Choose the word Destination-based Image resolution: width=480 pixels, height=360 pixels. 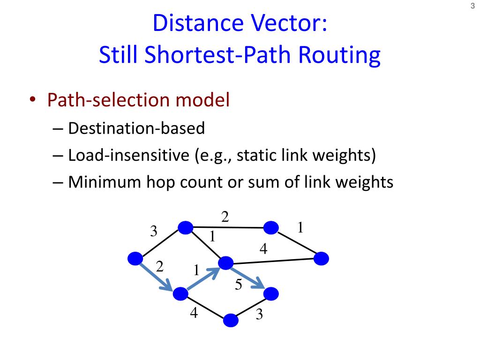[x=136, y=128]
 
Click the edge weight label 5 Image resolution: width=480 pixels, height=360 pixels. [x=238, y=285]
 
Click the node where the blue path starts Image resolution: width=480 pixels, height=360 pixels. [x=135, y=258]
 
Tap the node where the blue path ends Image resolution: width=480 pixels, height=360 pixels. [x=271, y=294]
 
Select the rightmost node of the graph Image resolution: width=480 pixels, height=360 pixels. [x=322, y=258]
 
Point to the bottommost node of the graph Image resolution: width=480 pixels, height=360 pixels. [x=231, y=320]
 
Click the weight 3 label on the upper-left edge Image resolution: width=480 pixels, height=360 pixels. [x=154, y=232]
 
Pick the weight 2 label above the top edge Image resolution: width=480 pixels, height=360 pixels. [x=225, y=217]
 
